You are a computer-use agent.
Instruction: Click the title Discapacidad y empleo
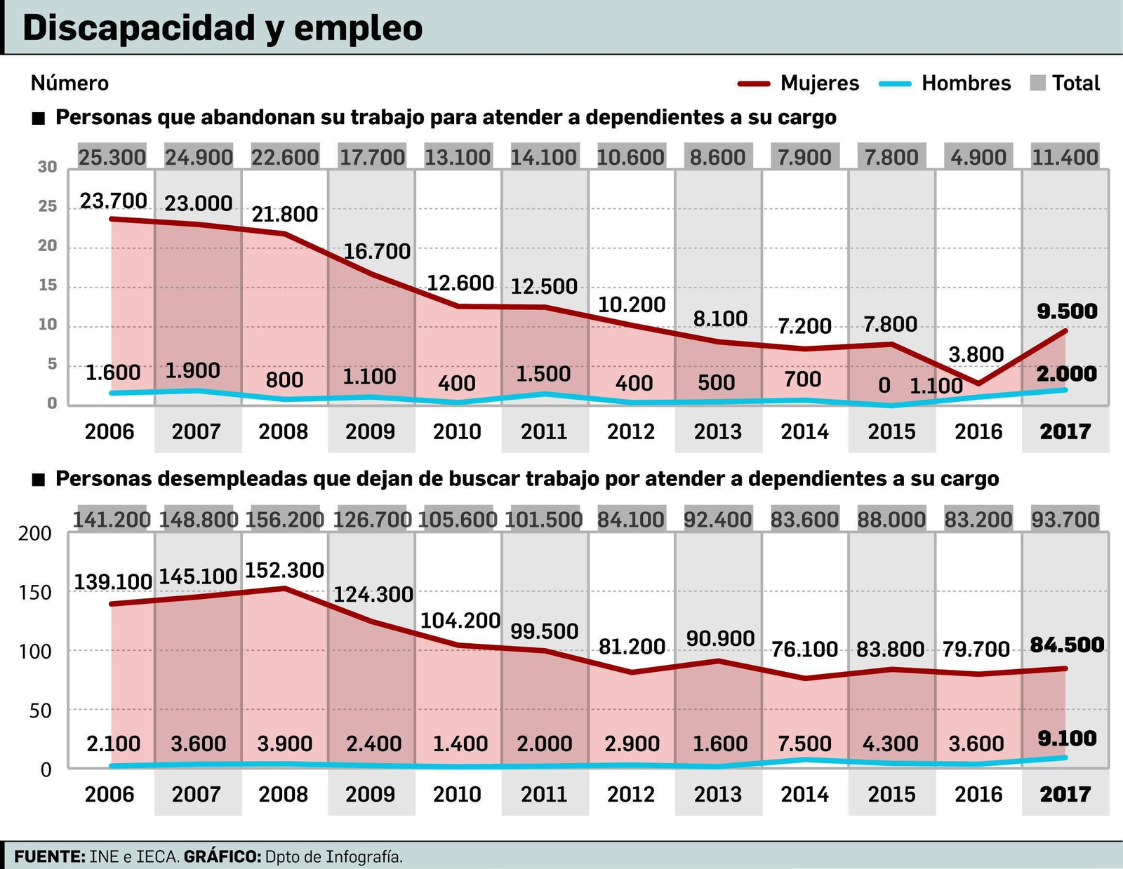coord(222,28)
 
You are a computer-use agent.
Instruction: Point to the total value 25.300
coord(112,157)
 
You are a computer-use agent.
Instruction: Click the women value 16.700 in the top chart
coord(377,251)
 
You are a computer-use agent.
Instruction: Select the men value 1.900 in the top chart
coord(192,370)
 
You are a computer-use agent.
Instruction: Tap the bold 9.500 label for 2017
coord(1067,311)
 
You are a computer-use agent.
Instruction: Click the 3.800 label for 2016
coord(976,354)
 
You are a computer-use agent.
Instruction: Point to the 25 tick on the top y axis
coord(48,206)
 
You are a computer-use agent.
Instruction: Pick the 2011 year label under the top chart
coord(544,431)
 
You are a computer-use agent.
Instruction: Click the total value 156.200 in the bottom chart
coord(284,520)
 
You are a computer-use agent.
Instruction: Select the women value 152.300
coord(284,570)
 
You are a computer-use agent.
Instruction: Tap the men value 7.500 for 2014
coord(804,743)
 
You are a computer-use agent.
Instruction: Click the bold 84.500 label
coord(1067,645)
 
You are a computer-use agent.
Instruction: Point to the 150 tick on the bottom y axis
coord(35,593)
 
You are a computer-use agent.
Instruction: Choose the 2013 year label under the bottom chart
coord(717,794)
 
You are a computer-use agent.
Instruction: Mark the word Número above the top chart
coord(69,83)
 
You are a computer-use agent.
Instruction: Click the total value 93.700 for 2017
coord(1065,520)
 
